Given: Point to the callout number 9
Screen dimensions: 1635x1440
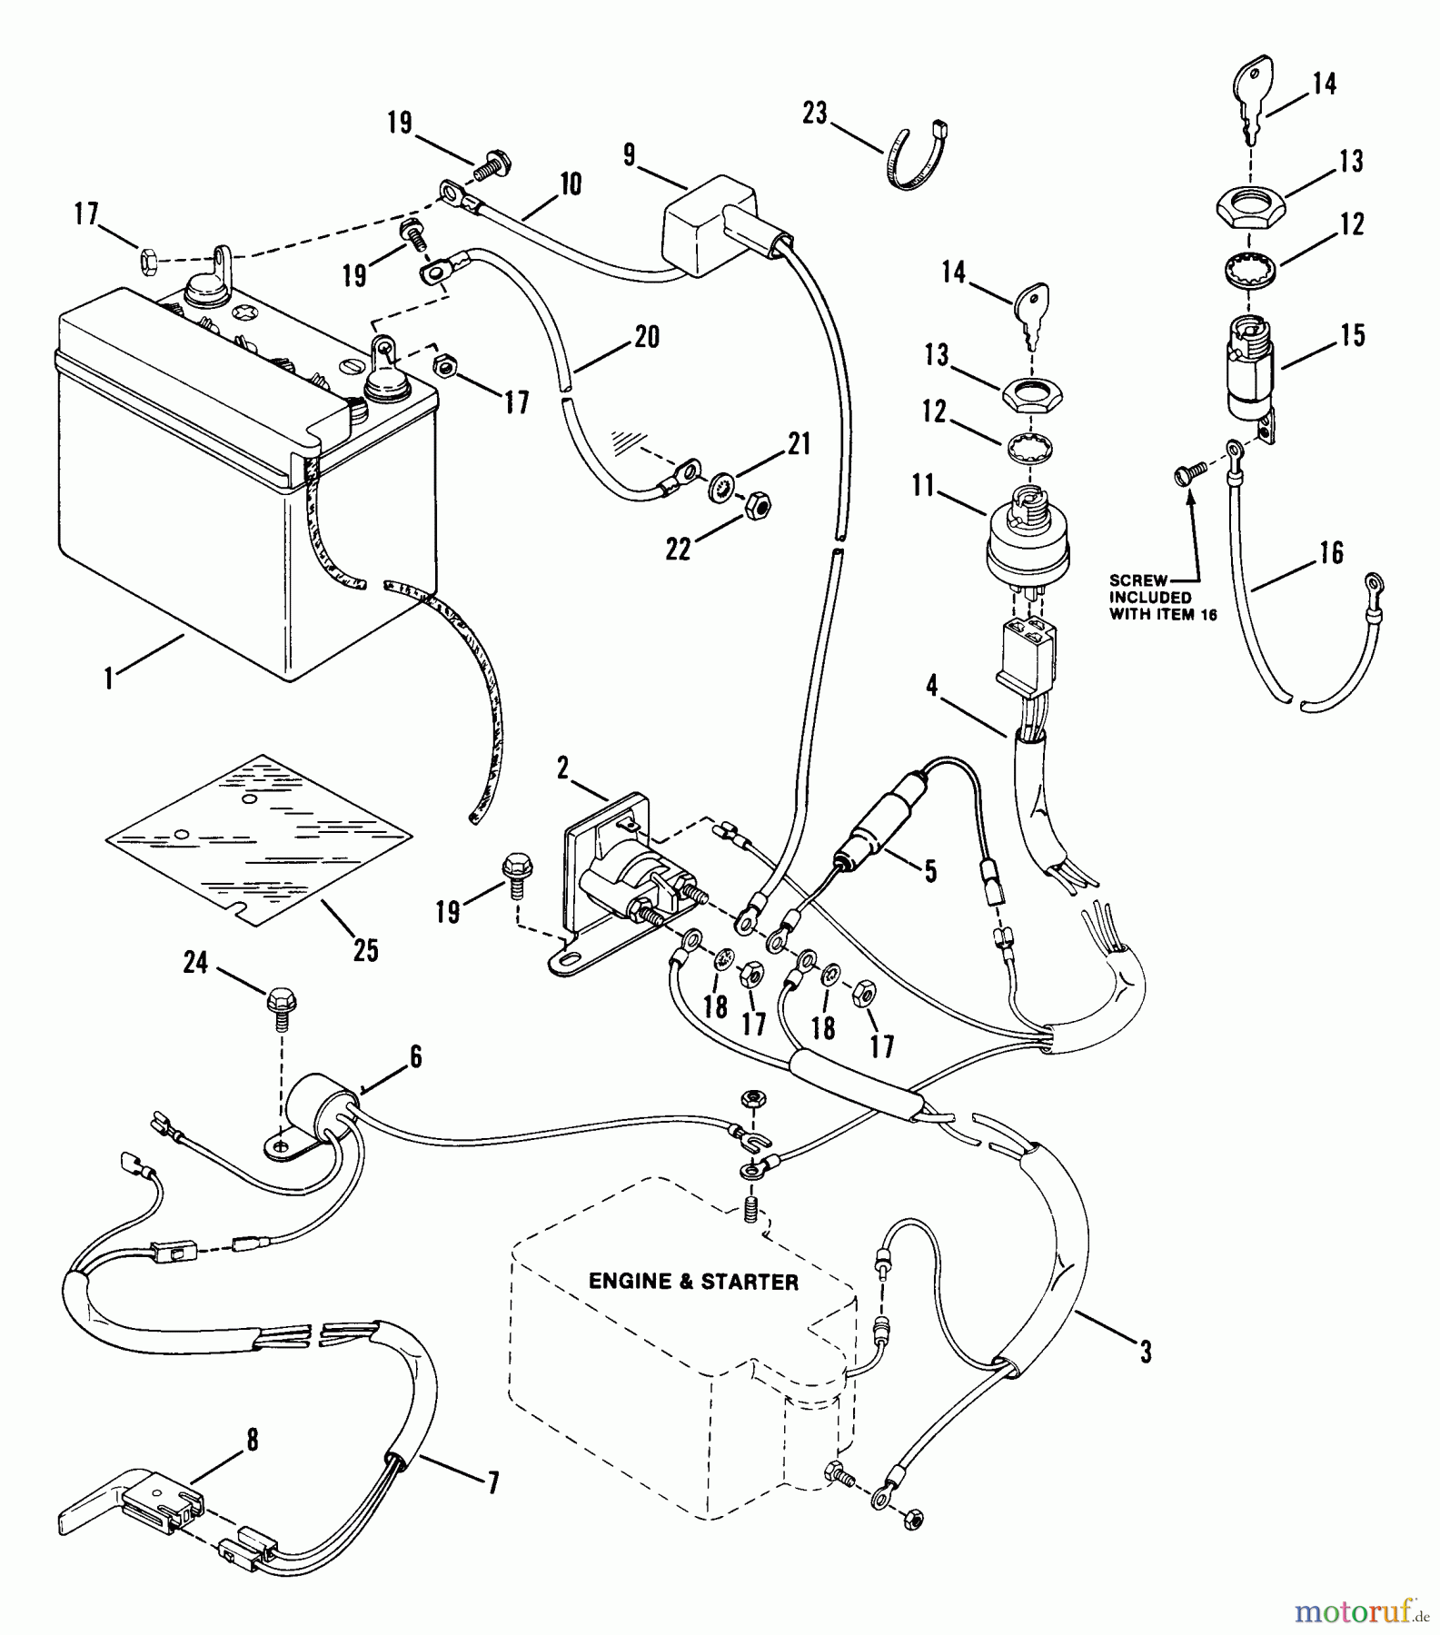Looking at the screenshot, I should point(630,154).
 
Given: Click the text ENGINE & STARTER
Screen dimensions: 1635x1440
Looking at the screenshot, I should point(693,1281).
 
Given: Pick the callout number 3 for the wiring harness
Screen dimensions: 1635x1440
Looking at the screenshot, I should point(1146,1353).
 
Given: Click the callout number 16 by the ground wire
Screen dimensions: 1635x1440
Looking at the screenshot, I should point(1331,552).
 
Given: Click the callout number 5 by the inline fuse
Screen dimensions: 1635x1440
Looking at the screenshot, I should point(929,871).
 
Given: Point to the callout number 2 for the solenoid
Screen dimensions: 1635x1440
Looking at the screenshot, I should point(562,769).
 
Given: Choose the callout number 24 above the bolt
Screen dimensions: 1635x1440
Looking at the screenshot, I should point(195,962).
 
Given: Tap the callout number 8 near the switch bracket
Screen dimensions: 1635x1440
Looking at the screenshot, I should point(253,1439).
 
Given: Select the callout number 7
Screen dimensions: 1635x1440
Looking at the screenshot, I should point(492,1482).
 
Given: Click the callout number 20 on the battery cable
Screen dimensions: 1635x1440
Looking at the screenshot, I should point(647,337).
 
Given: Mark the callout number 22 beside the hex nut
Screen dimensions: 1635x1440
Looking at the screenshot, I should point(678,549).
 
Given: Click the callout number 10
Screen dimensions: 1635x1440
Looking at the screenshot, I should point(570,184).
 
